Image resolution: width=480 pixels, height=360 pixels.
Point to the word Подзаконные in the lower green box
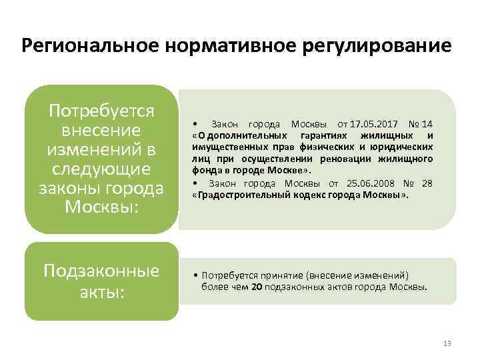tap(102, 271)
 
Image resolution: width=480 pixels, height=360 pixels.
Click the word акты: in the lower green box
tap(102, 293)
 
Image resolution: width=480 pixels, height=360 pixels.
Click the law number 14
tap(427, 125)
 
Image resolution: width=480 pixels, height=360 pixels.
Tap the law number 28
tap(427, 183)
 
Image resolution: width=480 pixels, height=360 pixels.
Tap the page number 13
tap(447, 343)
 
